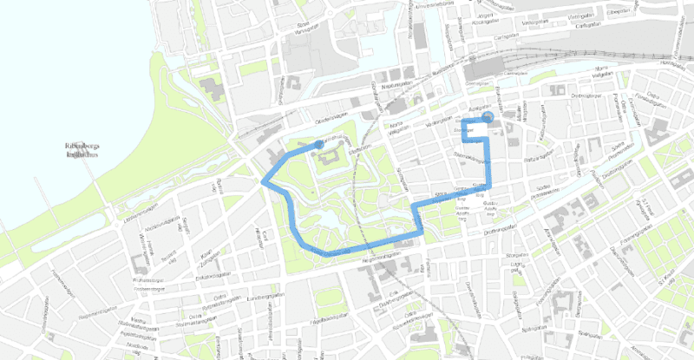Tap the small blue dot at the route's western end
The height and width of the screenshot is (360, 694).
point(319,144)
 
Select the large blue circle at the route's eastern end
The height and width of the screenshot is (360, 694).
point(488,118)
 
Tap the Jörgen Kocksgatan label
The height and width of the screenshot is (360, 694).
point(485,15)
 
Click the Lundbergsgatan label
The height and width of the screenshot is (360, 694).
point(266,297)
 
